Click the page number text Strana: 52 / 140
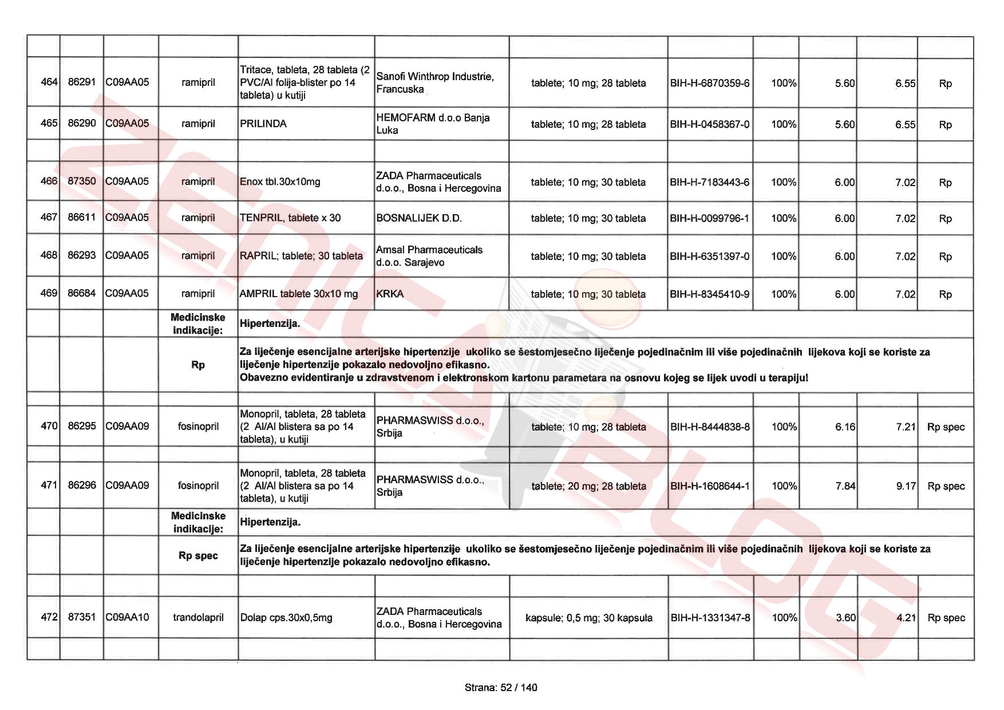click(x=501, y=688)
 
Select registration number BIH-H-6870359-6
click(x=710, y=83)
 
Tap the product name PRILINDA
click(x=263, y=124)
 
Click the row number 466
click(x=49, y=182)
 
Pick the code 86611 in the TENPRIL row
click(x=82, y=218)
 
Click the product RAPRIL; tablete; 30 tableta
click(x=302, y=256)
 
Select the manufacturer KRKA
click(x=390, y=294)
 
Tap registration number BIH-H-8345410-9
click(x=710, y=294)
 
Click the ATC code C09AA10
click(x=127, y=617)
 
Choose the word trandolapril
click(x=198, y=617)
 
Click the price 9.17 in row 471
click(x=906, y=486)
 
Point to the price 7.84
click(x=845, y=486)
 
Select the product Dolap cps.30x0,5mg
click(x=286, y=618)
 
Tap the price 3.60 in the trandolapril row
click(x=845, y=618)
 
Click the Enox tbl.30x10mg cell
click(x=280, y=182)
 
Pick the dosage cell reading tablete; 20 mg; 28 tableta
click(x=588, y=486)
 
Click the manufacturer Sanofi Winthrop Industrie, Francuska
click(x=435, y=83)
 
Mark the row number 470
click(x=49, y=426)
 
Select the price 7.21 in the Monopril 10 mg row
click(x=906, y=427)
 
